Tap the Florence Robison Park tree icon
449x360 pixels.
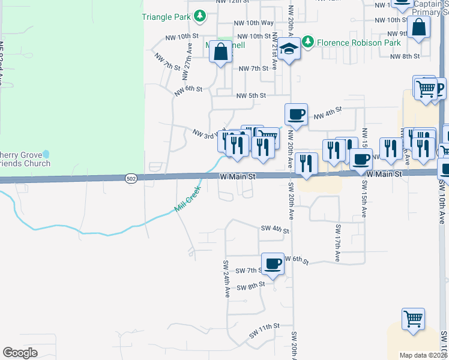point(308,41)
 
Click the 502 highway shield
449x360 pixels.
point(131,178)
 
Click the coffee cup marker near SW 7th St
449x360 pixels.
point(273,263)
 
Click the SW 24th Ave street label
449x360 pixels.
point(227,279)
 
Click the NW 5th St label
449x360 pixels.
point(251,95)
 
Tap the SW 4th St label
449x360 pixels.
point(275,229)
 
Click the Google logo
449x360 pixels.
point(20,353)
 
